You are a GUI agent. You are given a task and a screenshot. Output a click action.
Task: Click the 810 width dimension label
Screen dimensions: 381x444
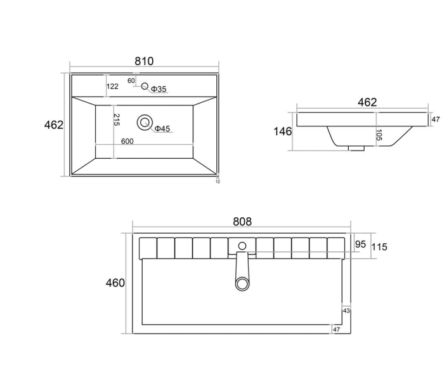(x=144, y=61)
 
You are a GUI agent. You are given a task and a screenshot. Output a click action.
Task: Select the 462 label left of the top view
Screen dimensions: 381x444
(x=53, y=125)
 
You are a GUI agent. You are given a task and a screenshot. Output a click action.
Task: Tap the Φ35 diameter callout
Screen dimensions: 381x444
(x=159, y=90)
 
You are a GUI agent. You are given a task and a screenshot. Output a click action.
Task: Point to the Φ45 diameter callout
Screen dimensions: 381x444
(x=162, y=129)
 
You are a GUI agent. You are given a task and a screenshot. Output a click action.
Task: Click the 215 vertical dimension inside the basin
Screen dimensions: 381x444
(x=116, y=120)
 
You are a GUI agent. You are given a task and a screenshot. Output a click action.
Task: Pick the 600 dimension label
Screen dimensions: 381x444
(x=127, y=142)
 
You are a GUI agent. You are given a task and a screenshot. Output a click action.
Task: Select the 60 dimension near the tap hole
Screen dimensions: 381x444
(x=131, y=81)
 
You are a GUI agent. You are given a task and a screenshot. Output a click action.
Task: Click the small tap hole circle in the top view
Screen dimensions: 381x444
(x=145, y=86)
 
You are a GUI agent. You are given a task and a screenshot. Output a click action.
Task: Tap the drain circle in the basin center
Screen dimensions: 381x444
(x=145, y=121)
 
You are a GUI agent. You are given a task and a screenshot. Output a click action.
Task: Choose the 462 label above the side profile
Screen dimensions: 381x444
(x=367, y=102)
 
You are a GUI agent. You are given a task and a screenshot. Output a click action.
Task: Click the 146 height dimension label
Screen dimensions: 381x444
(x=283, y=132)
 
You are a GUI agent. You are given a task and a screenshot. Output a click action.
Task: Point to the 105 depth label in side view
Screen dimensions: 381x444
(x=379, y=135)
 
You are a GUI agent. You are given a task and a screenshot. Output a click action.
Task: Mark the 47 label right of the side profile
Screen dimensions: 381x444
(x=436, y=119)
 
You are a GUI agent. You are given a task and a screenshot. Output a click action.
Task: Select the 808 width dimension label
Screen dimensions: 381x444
(x=242, y=222)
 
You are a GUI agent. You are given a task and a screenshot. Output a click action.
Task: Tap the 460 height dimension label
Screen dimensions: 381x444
(x=115, y=283)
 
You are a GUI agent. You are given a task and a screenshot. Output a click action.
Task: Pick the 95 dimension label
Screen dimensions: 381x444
(x=360, y=244)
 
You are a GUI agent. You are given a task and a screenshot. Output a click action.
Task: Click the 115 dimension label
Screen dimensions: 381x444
(x=379, y=246)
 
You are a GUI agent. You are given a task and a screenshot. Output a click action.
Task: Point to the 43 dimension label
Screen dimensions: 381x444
(x=346, y=311)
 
